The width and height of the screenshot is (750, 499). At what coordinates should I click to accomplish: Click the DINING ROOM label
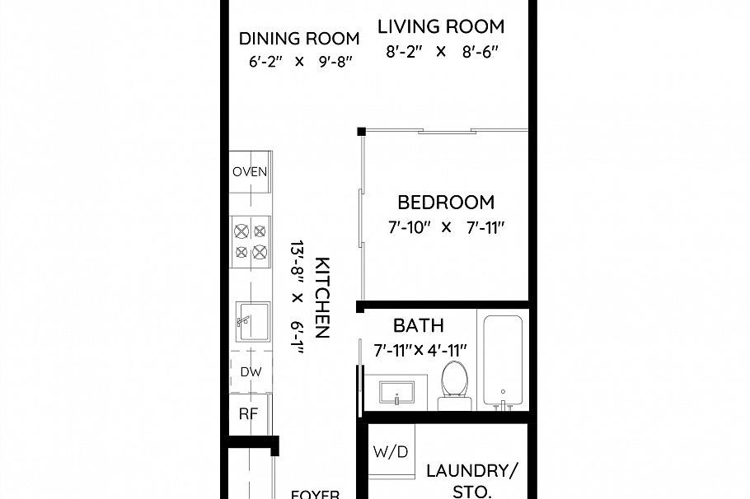click(299, 38)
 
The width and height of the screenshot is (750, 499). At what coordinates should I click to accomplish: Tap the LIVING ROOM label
click(440, 26)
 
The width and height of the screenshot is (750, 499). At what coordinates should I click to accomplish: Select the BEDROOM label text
click(446, 202)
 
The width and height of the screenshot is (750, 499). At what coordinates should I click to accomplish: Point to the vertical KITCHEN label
click(323, 297)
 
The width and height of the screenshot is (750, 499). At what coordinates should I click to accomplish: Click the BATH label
click(419, 325)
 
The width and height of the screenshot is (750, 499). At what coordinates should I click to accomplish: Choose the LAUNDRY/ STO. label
click(471, 481)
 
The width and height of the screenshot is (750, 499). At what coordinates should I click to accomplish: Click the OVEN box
click(249, 172)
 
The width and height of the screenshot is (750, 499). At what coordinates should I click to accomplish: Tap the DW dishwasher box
click(251, 372)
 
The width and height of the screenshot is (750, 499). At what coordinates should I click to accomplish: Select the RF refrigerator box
click(248, 414)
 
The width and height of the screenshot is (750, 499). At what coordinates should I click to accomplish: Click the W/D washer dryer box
click(390, 452)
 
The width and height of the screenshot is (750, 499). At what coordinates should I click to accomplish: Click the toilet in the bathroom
click(454, 381)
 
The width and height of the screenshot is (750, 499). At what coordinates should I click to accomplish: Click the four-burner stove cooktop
click(251, 240)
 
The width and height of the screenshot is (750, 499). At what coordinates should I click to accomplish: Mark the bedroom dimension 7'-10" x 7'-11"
click(445, 226)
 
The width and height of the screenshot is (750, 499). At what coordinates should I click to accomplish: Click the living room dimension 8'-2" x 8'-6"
click(442, 51)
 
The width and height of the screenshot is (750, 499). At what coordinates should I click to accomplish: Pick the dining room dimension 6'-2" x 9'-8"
click(300, 61)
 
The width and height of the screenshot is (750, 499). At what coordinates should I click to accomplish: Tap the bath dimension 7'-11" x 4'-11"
click(420, 350)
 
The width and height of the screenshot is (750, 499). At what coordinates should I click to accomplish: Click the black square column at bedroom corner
click(361, 132)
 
